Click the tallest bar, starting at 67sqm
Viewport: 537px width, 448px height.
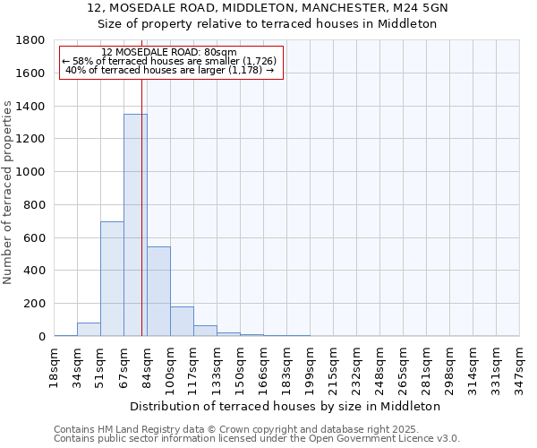point(135,224)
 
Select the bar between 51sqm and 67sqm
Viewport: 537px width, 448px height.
point(112,278)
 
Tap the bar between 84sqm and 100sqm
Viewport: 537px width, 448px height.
point(158,291)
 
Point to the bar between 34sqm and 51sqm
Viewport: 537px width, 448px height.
point(89,330)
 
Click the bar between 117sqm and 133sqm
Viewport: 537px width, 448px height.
point(205,331)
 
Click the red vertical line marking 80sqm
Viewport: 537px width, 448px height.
point(142,179)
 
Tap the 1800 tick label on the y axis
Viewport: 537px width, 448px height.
point(31,40)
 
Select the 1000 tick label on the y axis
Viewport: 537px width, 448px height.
point(31,172)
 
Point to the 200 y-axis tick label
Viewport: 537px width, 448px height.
point(35,304)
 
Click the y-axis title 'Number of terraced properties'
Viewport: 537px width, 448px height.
point(8,193)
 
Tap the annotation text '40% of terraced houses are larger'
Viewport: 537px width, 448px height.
point(169,70)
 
